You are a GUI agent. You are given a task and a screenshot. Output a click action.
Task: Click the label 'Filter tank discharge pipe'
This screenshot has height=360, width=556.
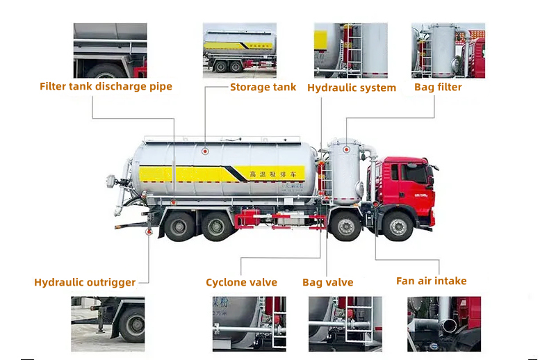coord(106,86)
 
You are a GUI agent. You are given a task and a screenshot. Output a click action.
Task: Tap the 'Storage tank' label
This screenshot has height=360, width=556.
coord(263,87)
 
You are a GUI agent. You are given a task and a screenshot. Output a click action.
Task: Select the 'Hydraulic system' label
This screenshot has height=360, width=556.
coord(352,88)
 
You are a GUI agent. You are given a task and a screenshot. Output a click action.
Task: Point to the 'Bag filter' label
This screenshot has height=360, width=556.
coord(438,87)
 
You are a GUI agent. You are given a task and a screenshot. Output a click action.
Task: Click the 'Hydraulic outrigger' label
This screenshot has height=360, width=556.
coord(85,282)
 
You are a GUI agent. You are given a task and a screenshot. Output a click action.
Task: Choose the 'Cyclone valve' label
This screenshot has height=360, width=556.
coord(241,282)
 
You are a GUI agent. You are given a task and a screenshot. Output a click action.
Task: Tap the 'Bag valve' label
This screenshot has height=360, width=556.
coord(327,282)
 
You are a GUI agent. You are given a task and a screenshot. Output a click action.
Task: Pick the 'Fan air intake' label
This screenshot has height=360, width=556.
coord(431,281)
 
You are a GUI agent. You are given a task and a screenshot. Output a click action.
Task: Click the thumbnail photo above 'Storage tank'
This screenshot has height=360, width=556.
coord(239,49)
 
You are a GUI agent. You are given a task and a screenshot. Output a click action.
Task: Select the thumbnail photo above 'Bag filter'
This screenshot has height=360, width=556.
coord(448,50)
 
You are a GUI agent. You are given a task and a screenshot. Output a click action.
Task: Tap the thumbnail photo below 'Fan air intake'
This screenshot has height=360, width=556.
coord(443,324)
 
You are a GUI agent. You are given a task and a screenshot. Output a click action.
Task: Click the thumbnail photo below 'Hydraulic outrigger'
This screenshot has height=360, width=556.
coord(108,324)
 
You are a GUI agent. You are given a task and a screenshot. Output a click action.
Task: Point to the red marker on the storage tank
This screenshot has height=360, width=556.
coord(205,151)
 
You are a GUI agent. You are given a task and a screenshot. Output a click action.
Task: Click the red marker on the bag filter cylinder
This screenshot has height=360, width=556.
coord(345,149)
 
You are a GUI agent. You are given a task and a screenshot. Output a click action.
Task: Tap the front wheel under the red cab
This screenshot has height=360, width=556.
coord(398,227)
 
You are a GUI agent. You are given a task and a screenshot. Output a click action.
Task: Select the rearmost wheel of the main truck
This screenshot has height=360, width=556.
coord(180,226)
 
